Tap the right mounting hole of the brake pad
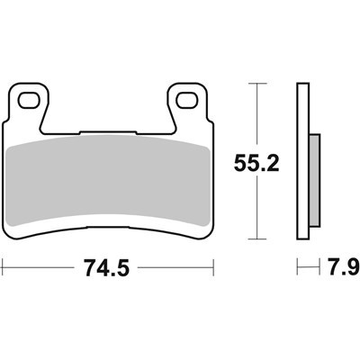[x=188, y=100]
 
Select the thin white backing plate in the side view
[x=303, y=162]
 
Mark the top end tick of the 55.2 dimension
[x=258, y=84]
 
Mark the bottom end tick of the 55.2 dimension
[x=258, y=239]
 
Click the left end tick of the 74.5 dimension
[x=3, y=267]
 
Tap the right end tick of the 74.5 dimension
[x=215, y=267]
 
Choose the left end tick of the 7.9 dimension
[x=298, y=267]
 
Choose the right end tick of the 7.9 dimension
[x=319, y=267]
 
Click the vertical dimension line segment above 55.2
[x=258, y=112]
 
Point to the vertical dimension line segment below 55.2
[x=258, y=211]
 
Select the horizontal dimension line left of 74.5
[x=36, y=267]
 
